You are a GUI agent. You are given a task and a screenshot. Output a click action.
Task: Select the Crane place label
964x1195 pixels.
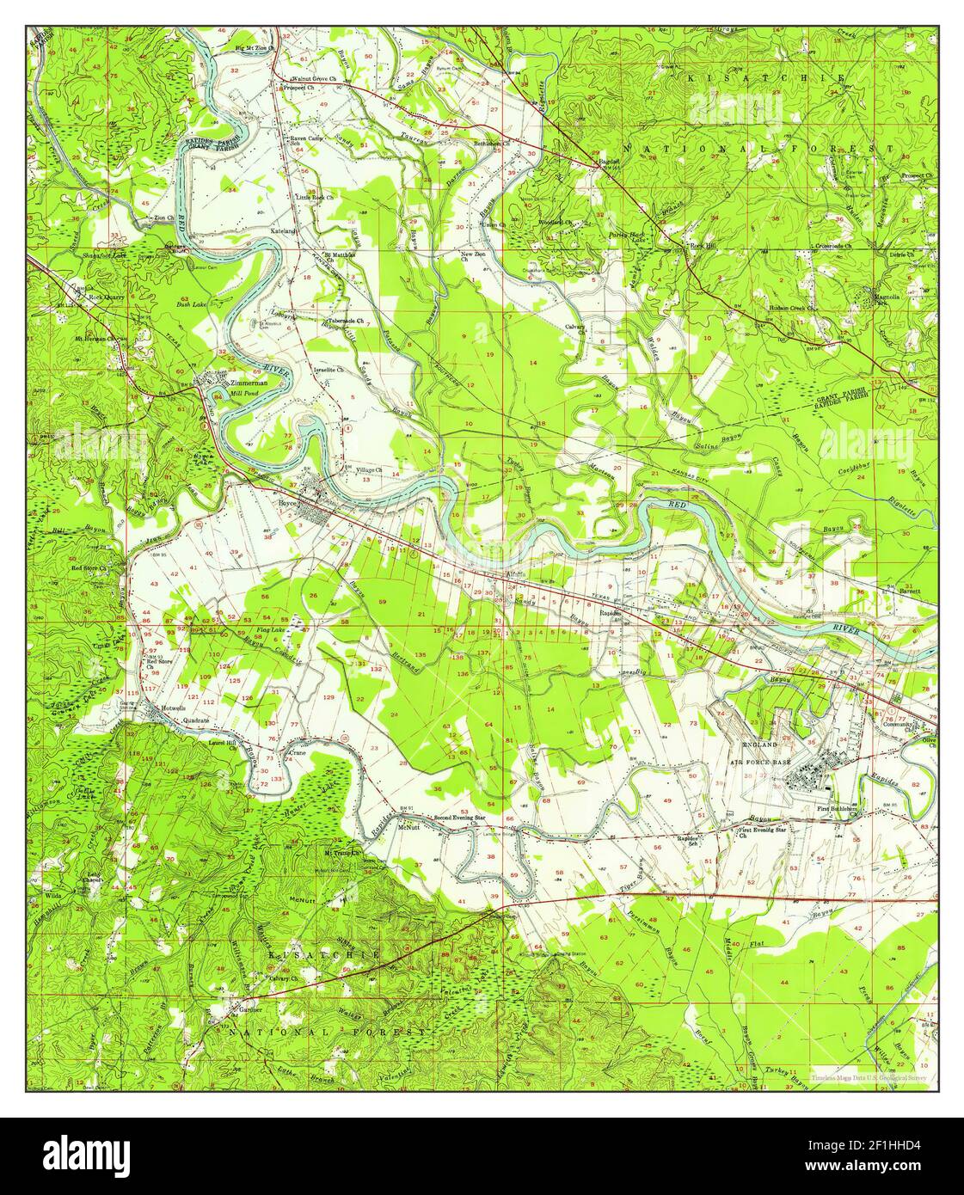(x=298, y=752)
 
